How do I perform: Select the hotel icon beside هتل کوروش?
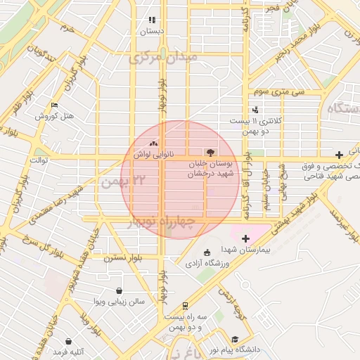54,105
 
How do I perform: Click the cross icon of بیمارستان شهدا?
245,238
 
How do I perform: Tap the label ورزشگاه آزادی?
207,264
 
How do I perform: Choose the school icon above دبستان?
151,20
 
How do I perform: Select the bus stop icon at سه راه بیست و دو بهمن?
184,306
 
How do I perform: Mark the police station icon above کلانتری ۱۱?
255,110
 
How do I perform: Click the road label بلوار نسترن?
124,258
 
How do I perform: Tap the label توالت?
37,160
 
